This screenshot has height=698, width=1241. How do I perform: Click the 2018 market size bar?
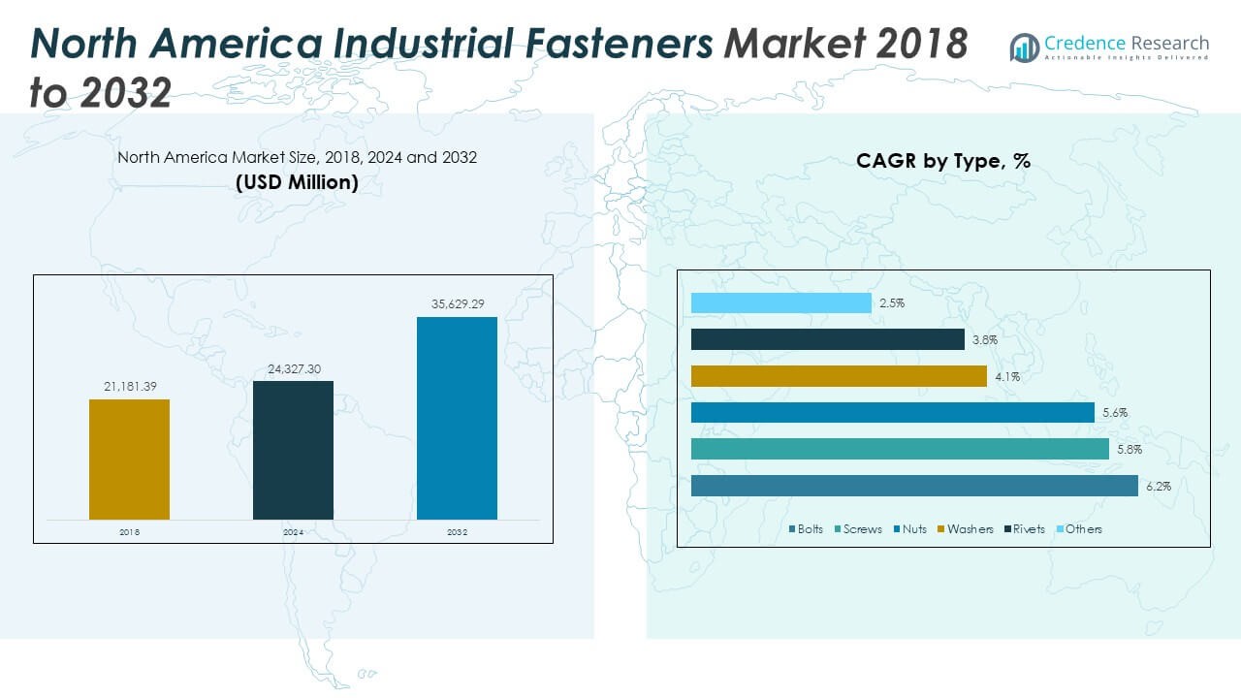pyautogui.click(x=129, y=460)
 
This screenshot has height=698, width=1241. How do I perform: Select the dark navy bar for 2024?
pyautogui.click(x=293, y=450)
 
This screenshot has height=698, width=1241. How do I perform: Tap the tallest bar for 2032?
pyautogui.click(x=457, y=418)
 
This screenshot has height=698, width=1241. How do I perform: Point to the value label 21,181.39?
pyautogui.click(x=129, y=387)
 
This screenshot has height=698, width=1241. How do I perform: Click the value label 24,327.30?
pyautogui.click(x=293, y=368)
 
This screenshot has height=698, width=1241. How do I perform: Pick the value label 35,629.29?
pyautogui.click(x=457, y=304)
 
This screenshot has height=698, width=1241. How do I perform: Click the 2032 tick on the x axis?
pyautogui.click(x=457, y=532)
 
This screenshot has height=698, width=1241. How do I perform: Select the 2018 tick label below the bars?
pyautogui.click(x=129, y=532)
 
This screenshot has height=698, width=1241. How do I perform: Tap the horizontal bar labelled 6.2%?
pyautogui.click(x=914, y=486)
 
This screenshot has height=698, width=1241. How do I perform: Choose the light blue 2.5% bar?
pyautogui.click(x=780, y=303)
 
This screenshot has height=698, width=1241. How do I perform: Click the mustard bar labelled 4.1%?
pyautogui.click(x=839, y=376)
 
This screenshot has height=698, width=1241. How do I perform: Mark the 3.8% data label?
pyautogui.click(x=985, y=340)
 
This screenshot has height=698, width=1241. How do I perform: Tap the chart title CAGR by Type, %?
pyautogui.click(x=942, y=161)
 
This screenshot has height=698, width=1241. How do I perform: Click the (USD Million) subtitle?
pyautogui.click(x=297, y=182)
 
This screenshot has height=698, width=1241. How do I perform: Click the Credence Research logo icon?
pyautogui.click(x=1024, y=48)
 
